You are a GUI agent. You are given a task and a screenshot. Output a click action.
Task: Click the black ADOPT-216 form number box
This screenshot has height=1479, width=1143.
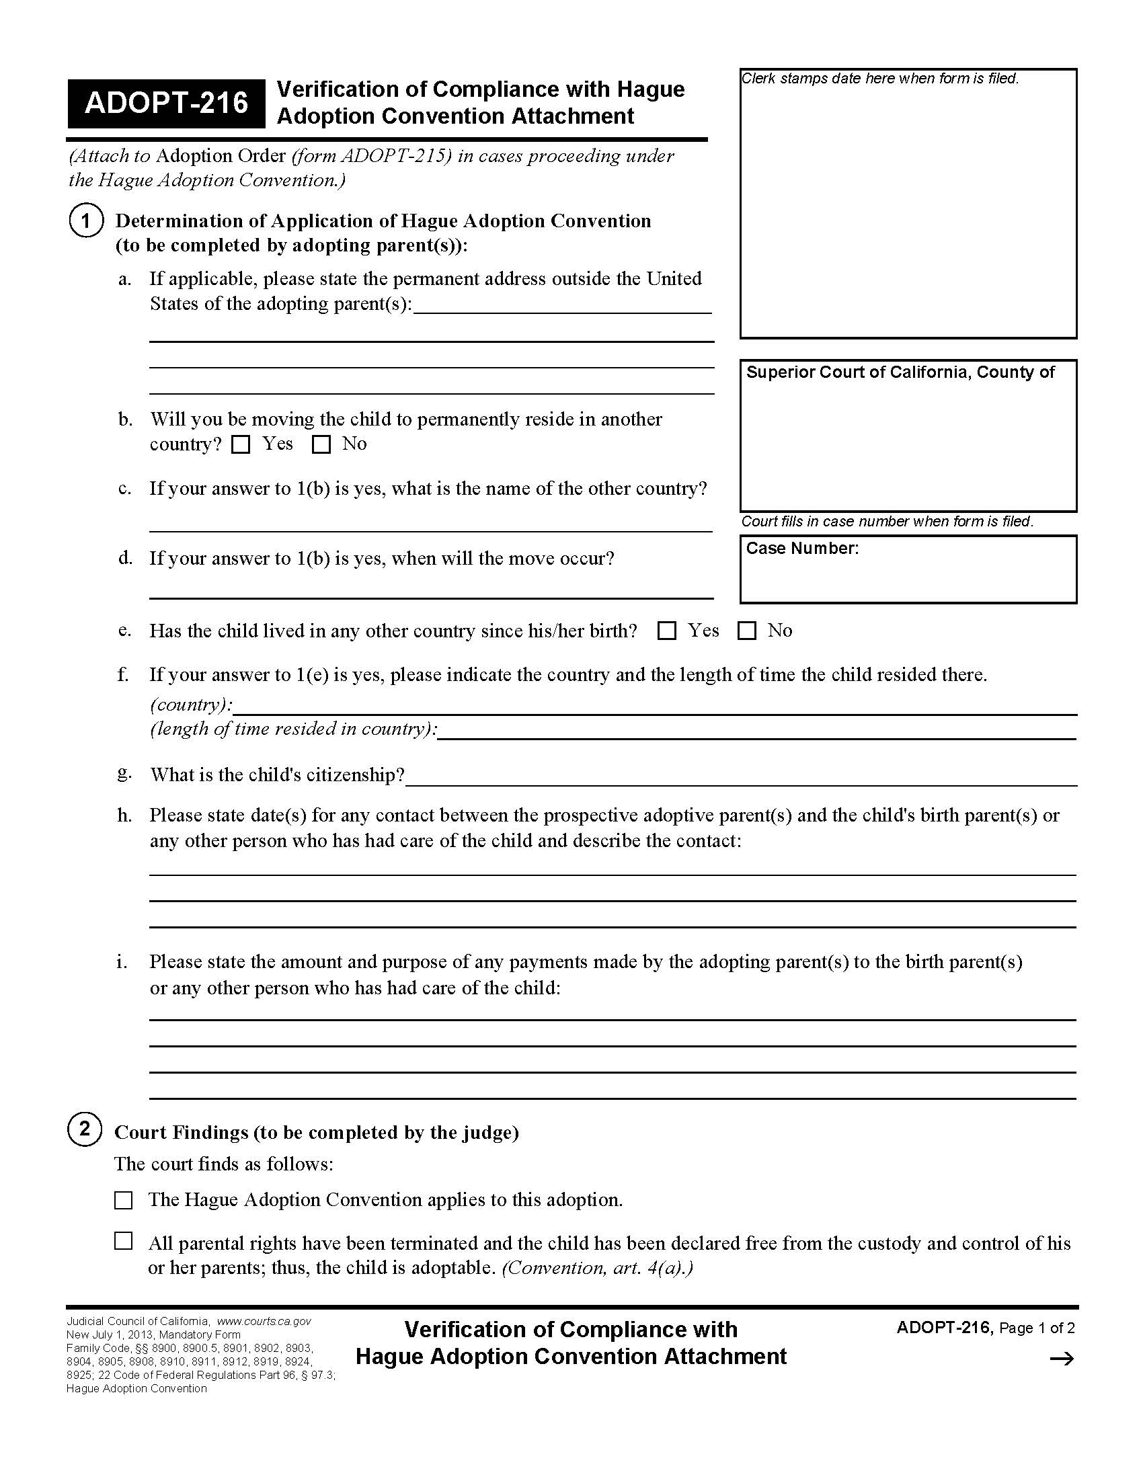[x=166, y=104]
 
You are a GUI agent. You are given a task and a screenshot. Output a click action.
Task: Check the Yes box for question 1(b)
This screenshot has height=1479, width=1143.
[x=241, y=445]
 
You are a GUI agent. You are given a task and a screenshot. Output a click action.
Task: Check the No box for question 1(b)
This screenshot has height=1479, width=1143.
[x=321, y=445]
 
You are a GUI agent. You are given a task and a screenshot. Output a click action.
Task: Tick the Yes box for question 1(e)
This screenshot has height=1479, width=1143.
[x=667, y=631]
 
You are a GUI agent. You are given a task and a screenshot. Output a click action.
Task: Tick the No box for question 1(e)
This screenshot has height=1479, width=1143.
[x=746, y=631]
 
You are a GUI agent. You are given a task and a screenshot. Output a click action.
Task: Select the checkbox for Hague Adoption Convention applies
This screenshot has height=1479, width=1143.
[x=123, y=1201]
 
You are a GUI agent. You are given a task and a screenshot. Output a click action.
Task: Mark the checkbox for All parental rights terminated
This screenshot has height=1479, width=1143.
[x=123, y=1241]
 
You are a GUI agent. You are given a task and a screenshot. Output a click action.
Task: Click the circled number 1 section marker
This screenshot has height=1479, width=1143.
[x=85, y=221]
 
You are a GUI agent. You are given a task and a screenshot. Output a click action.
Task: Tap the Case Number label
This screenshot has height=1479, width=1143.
[x=801, y=549]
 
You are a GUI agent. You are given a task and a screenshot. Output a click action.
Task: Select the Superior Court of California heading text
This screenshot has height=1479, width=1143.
[x=900, y=372]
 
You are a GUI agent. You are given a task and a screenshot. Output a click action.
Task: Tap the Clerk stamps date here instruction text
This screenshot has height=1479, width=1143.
[x=879, y=79]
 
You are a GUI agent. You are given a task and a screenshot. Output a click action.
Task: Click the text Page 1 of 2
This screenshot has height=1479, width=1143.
[x=1037, y=1328]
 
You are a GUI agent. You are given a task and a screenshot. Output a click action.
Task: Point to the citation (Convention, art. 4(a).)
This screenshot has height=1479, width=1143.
[x=597, y=1268]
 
